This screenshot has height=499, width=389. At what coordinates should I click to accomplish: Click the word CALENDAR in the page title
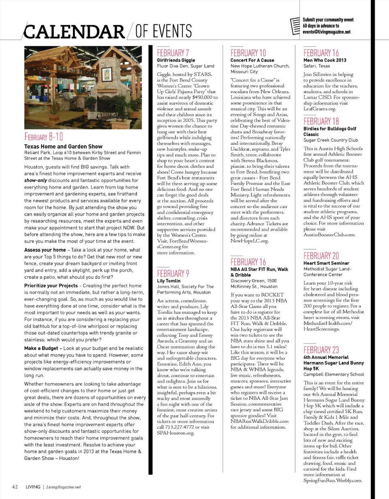[x=73, y=31]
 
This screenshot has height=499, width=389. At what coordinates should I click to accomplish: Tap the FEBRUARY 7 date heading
[x=173, y=53]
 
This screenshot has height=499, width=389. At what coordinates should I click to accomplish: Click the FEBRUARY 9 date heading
[x=173, y=273]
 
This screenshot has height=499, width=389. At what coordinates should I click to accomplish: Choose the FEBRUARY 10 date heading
[x=248, y=53]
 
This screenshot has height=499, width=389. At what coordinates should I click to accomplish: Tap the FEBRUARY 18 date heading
[x=321, y=121]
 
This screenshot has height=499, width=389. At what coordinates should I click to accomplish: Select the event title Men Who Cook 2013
[x=325, y=60]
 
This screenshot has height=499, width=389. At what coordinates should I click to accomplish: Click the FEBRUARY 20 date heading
[x=321, y=256]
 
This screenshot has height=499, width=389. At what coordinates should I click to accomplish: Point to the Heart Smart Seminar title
[x=327, y=263]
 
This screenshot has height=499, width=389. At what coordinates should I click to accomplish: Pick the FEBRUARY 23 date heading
[x=321, y=350]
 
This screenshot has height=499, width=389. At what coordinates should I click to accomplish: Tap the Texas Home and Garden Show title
[x=63, y=146]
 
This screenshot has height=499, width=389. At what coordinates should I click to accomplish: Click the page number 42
[x=15, y=486]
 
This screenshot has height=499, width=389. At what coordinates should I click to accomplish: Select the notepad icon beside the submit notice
[x=296, y=26]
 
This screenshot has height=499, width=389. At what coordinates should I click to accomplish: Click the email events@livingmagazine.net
[x=326, y=32]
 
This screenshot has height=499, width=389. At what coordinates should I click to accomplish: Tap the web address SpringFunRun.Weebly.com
[x=332, y=480]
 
